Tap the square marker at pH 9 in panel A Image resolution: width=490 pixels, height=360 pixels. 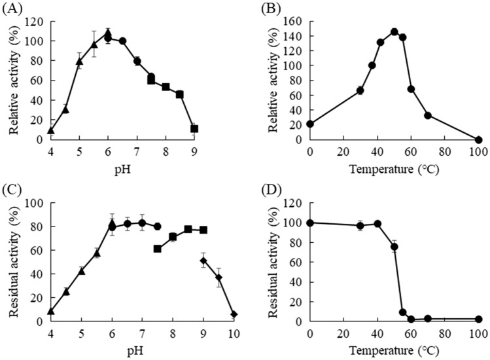click(194, 128)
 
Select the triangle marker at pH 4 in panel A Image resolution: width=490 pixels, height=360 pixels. click(50, 130)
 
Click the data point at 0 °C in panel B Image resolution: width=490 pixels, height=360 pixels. click(309, 124)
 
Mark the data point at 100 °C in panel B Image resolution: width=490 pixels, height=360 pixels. click(478, 139)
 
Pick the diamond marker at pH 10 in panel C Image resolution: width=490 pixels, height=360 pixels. click(234, 314)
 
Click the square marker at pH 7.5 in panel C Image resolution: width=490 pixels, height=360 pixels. click(157, 249)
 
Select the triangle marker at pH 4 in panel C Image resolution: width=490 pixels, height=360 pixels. click(50, 311)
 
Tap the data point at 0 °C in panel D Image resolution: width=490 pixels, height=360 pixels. click(309, 223)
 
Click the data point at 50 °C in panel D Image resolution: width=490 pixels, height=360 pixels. click(394, 247)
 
